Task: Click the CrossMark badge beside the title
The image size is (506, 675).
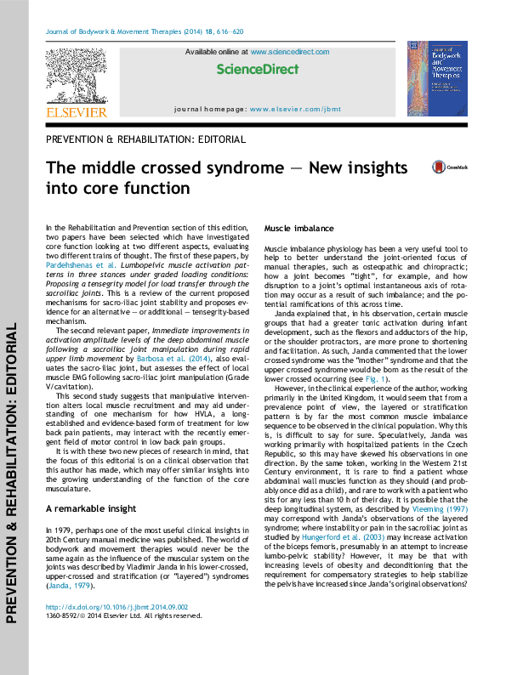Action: (440, 168)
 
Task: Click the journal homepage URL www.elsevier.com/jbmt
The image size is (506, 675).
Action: (287, 110)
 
